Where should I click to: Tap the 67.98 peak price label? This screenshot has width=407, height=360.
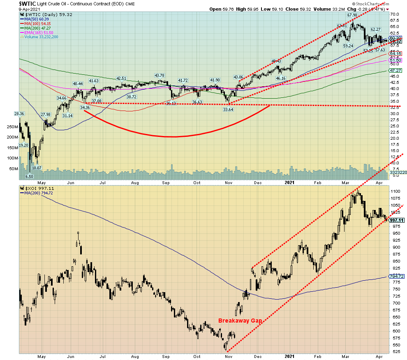pyautogui.click(x=352, y=15)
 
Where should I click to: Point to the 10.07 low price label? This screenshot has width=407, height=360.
pyautogui.click(x=37, y=168)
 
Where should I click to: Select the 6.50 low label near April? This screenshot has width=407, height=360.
pyautogui.click(x=29, y=176)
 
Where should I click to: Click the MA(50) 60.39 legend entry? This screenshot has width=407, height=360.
pyautogui.click(x=33, y=19)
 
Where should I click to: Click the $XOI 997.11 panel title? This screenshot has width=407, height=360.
pyautogui.click(x=37, y=188)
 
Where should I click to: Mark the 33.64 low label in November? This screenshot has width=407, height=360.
pyautogui.click(x=228, y=109)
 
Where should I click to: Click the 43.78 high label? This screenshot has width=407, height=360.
pyautogui.click(x=159, y=75)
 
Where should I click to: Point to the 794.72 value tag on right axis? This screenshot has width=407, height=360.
pyautogui.click(x=395, y=277)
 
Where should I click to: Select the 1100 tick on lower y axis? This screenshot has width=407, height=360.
pyautogui.click(x=395, y=192)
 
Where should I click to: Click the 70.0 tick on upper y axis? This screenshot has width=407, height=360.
pyautogui.click(x=395, y=14)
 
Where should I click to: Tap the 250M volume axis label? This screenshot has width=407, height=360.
pyautogui.click(x=12, y=127)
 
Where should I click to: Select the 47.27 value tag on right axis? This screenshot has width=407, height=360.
pyautogui.click(x=395, y=70)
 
